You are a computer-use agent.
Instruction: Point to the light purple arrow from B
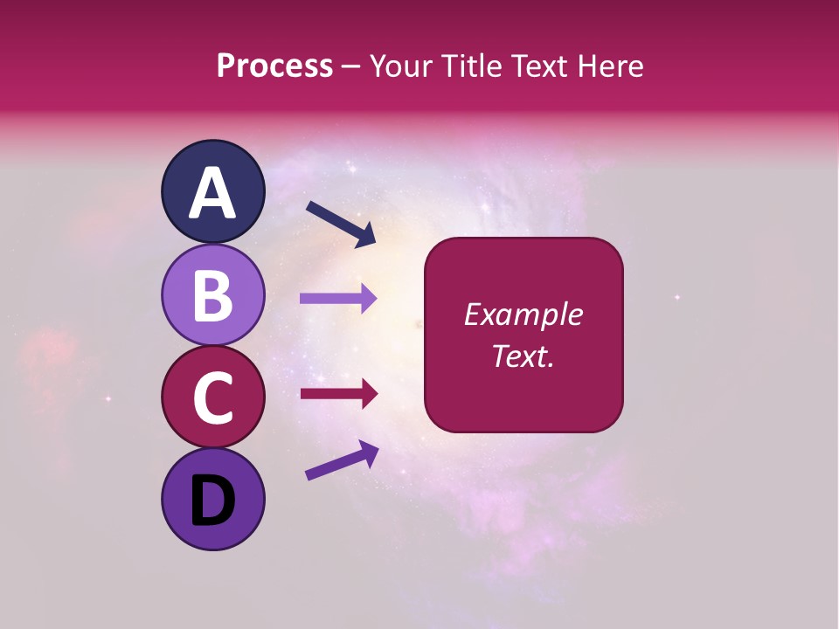(x=337, y=298)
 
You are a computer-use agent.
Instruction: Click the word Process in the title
(x=274, y=66)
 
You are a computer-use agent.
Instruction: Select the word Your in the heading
(x=402, y=66)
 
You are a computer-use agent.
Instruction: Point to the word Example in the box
(x=523, y=314)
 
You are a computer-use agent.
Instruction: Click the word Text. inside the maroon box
(x=523, y=356)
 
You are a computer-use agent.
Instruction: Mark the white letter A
(x=213, y=194)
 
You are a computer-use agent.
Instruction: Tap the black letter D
(x=213, y=501)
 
